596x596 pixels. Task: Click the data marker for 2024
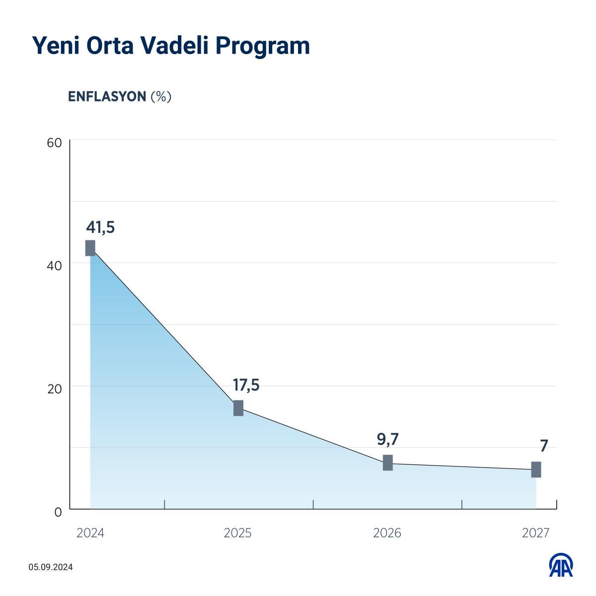point(90,248)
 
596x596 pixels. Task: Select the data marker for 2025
point(238,408)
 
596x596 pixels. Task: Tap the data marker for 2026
point(388,462)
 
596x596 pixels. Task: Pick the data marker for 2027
point(536,469)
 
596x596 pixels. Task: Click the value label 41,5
point(100,227)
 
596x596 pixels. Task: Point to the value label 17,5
point(246,385)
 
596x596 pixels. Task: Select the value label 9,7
point(388,440)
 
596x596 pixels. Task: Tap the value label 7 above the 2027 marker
point(544,446)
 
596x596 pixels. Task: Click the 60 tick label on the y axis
point(54,143)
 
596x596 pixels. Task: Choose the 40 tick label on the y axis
point(54,266)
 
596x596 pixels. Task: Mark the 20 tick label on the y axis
point(54,389)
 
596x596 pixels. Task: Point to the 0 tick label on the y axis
point(58,512)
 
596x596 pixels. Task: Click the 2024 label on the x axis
point(90,533)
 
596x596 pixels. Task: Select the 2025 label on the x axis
point(238,533)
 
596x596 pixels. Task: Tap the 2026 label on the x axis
point(387,533)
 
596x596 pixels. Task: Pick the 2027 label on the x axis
point(535,533)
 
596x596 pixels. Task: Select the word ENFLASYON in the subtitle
point(107,96)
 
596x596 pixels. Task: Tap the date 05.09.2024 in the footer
point(51,567)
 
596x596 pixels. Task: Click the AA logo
point(561,565)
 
